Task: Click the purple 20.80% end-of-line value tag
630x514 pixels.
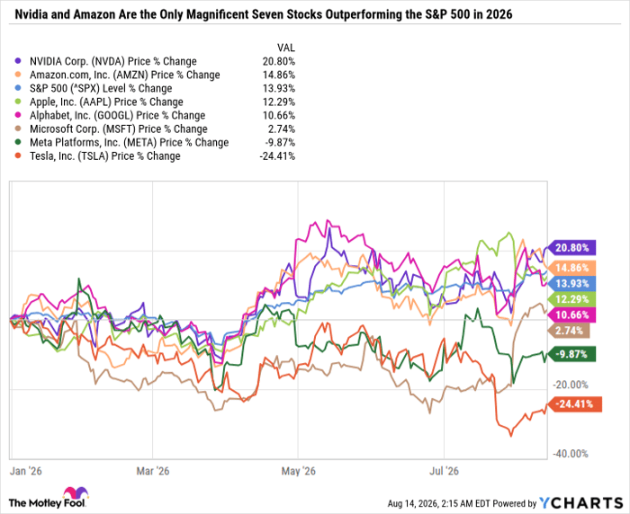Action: (x=572, y=248)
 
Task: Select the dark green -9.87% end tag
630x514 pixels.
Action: (x=572, y=354)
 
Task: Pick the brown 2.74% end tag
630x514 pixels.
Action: (x=569, y=331)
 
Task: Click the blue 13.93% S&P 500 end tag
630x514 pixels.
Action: (x=572, y=284)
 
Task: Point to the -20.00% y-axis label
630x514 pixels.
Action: (x=571, y=385)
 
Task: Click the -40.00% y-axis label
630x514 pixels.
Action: (x=571, y=454)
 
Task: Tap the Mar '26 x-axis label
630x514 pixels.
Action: (x=153, y=471)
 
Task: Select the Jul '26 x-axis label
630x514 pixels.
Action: (x=444, y=471)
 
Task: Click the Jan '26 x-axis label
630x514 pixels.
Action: (x=26, y=471)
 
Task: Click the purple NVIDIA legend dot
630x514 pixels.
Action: (x=17, y=61)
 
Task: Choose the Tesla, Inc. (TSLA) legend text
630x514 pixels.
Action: (x=105, y=156)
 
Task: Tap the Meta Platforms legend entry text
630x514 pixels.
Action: (x=129, y=143)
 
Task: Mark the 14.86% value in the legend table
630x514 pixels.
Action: (x=279, y=75)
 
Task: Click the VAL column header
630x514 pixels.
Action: (x=286, y=49)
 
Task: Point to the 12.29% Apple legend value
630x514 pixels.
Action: (x=279, y=102)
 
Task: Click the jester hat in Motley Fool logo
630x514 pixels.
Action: (x=75, y=493)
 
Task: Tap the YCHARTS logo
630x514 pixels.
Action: (x=581, y=502)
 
